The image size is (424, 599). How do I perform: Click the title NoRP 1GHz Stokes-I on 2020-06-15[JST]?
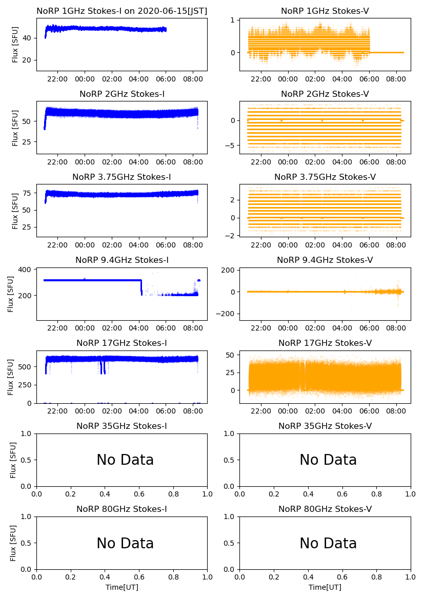coord(122,11)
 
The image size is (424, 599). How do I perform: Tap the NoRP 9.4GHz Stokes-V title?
coord(325,260)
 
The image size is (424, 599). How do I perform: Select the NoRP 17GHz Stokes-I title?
coord(122,343)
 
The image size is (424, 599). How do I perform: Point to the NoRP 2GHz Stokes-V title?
coord(325,94)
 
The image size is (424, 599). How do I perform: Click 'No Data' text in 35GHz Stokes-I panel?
coord(125,460)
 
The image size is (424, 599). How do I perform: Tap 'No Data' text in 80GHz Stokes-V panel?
coord(328,543)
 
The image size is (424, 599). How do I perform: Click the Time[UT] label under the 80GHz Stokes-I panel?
coord(122,587)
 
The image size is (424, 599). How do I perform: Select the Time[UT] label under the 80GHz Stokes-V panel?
coord(325,587)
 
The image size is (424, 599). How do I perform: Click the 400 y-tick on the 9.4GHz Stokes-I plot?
coord(26,270)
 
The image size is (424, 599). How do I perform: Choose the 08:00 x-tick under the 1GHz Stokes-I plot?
coord(193,79)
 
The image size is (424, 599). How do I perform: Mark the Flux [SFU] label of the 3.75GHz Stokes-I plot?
coord(15,211)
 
